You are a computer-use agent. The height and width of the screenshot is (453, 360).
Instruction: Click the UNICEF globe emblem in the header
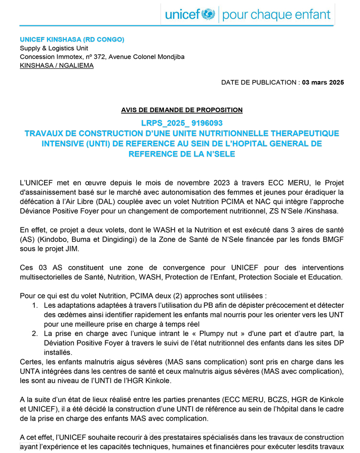pos(208,14)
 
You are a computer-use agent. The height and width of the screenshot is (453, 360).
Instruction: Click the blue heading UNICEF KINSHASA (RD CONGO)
pos(72,40)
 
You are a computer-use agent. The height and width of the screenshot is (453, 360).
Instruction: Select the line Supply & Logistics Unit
pos(54,48)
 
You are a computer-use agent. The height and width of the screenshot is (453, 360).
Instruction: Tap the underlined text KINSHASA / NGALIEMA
pos(57,65)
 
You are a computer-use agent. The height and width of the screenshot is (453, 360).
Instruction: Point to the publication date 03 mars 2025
pos(323,82)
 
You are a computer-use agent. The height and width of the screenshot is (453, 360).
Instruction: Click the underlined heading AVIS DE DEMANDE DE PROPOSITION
pos(182,109)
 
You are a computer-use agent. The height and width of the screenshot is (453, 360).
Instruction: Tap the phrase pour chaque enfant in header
pos(276,14)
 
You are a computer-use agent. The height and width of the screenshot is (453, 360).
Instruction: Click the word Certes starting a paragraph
pos(32,361)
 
